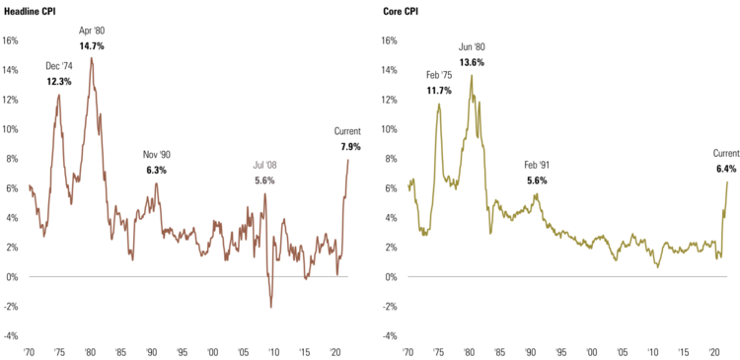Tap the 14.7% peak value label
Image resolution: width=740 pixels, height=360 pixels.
click(92, 46)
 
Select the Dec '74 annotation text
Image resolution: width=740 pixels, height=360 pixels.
click(59, 66)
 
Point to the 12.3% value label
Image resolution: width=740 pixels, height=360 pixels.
click(59, 81)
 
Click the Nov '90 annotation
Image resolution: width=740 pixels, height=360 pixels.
click(157, 155)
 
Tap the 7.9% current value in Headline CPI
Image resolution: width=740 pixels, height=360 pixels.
click(350, 146)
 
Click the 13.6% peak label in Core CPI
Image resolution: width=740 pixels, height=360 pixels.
click(472, 62)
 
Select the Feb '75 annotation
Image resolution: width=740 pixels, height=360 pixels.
click(439, 75)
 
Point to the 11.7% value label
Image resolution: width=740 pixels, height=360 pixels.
click(439, 91)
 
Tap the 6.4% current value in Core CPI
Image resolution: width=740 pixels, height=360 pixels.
click(726, 168)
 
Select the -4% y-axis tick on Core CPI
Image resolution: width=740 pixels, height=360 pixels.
click(390, 335)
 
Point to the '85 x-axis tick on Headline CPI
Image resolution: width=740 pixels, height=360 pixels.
click(120, 351)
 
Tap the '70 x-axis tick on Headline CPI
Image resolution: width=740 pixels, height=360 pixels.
click(30, 351)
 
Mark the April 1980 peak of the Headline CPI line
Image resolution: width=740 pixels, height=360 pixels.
click(92, 58)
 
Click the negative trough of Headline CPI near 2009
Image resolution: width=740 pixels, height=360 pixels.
click(271, 307)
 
